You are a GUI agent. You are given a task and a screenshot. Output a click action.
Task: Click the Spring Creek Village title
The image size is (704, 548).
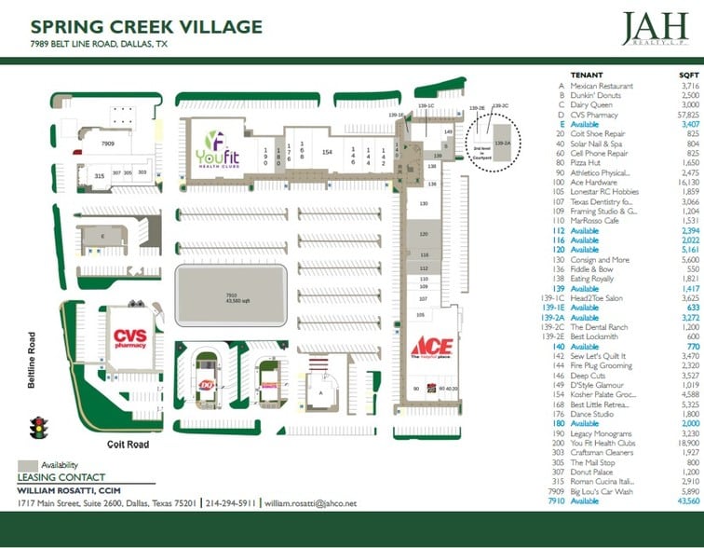pos(146,26)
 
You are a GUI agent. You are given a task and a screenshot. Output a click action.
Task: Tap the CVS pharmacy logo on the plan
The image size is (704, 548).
pos(130,338)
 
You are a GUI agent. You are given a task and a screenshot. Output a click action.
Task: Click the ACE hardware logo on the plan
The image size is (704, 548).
pos(431,350)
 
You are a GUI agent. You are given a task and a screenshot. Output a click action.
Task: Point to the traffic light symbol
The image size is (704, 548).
pos(39,429)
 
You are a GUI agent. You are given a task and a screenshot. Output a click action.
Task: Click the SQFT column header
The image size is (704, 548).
pos(687,75)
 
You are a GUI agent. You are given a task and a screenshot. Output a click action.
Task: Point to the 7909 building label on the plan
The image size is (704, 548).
pos(108,144)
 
